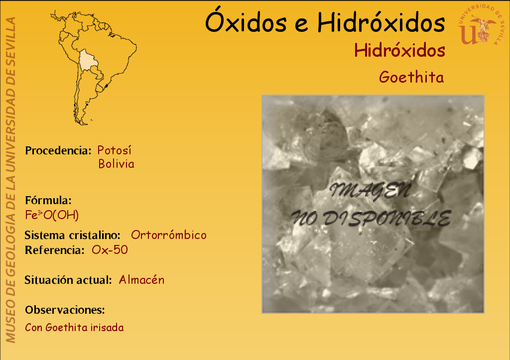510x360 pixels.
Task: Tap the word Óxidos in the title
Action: (x=246, y=21)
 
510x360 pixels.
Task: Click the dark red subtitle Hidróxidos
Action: (x=399, y=51)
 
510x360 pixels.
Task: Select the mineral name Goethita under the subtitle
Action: (x=411, y=77)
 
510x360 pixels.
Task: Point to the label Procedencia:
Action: (x=58, y=150)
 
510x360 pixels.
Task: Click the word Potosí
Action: (x=115, y=150)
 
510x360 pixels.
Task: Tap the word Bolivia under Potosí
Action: (x=116, y=164)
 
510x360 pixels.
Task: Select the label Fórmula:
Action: (x=48, y=200)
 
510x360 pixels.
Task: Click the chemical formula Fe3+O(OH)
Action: (x=52, y=215)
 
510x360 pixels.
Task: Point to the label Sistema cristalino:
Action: (x=72, y=235)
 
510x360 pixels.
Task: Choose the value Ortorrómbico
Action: (x=168, y=235)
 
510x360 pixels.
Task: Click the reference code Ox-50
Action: (x=110, y=250)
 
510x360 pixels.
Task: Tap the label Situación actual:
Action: (x=68, y=280)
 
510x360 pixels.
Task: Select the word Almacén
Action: (x=141, y=280)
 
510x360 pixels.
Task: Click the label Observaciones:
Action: (x=65, y=310)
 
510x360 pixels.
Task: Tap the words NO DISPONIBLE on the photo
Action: (x=371, y=218)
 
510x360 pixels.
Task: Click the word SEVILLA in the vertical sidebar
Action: (x=11, y=37)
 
